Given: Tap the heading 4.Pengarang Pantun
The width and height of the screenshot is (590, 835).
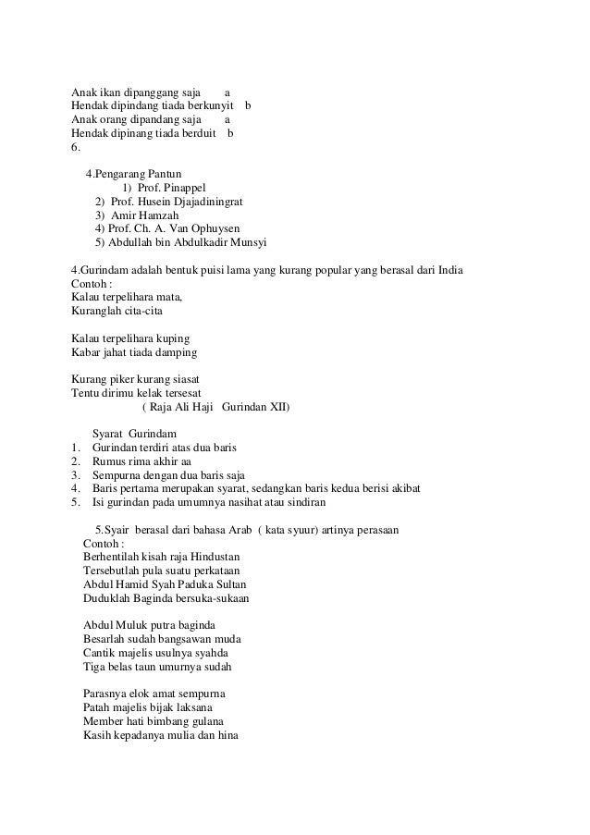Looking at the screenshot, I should pos(133,173).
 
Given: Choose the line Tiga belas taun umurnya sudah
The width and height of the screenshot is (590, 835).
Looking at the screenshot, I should pos(157,667).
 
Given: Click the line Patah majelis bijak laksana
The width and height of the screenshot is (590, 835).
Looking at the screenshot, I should pos(153,707).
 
